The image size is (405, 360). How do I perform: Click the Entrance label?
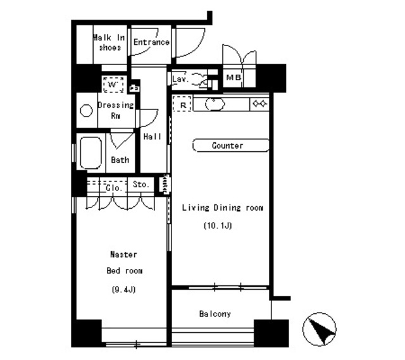click(151, 42)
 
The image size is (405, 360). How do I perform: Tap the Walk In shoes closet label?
click(109, 42)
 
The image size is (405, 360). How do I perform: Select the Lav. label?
click(180, 78)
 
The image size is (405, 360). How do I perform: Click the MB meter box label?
click(234, 77)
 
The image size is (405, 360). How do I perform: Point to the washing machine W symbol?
click(113, 84)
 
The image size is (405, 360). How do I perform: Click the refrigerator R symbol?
click(183, 104)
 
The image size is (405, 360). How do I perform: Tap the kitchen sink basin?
click(215, 104)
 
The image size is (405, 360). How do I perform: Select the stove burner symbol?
click(259, 104)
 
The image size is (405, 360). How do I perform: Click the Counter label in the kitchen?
click(228, 146)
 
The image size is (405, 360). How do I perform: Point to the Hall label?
click(153, 137)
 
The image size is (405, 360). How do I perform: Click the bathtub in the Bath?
click(90, 153)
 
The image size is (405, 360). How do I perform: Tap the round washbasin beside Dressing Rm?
click(86, 111)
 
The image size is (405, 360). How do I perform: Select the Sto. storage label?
click(141, 184)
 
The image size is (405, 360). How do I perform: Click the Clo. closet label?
click(114, 188)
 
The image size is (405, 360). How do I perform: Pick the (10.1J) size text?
click(218, 225)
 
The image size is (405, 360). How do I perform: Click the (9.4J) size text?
click(124, 290)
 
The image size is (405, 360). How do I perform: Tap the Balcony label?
click(215, 314)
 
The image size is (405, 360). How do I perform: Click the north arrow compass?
click(320, 329)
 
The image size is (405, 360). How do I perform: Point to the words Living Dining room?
click(223, 208)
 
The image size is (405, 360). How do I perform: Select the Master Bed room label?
click(124, 263)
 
